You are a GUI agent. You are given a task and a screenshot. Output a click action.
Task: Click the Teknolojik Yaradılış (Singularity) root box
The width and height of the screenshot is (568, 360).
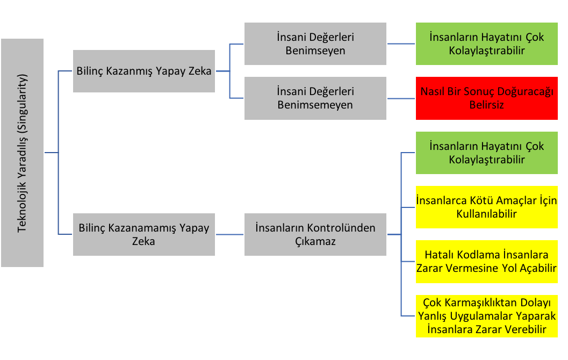22,153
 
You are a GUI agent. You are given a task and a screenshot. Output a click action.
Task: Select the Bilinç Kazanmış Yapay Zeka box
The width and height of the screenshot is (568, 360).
144,71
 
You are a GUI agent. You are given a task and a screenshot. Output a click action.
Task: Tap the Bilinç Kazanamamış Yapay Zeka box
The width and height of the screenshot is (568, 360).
144,234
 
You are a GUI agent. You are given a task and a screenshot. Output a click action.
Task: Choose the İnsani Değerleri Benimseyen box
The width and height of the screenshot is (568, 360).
315,44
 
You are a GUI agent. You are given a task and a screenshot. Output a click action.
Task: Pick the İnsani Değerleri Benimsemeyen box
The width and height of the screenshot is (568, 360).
315,98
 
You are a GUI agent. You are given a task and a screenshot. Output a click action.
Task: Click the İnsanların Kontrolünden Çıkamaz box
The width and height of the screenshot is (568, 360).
315,234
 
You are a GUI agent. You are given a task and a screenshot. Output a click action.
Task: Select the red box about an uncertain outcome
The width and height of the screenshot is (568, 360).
486,98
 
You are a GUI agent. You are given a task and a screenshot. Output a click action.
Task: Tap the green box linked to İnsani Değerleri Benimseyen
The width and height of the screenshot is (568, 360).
486,44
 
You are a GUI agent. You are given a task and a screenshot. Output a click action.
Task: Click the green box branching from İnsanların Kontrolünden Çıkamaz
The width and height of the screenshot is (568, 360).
486,153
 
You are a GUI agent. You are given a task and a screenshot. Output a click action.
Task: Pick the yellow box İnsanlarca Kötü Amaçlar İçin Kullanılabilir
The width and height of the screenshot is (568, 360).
486,207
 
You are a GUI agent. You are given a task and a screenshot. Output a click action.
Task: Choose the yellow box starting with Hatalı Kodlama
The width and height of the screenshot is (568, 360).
486,261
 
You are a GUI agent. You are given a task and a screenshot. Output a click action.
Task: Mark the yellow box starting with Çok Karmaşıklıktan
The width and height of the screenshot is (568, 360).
486,316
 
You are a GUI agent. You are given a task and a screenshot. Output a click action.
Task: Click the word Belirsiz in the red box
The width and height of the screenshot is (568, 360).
486,105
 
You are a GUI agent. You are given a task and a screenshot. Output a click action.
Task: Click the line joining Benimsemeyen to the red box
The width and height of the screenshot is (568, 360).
401,98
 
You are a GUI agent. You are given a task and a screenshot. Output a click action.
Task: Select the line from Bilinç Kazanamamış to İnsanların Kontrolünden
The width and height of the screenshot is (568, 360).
229,234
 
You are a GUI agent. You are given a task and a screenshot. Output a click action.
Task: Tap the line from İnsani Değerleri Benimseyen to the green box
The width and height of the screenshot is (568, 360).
401,44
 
